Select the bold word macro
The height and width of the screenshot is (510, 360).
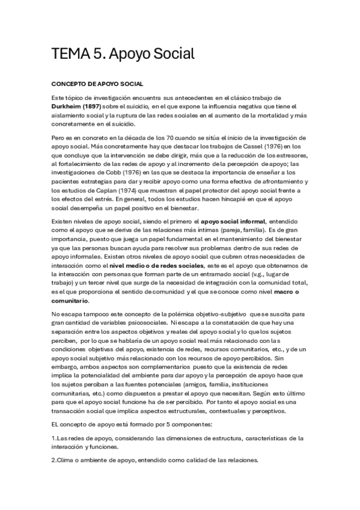click(285, 292)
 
